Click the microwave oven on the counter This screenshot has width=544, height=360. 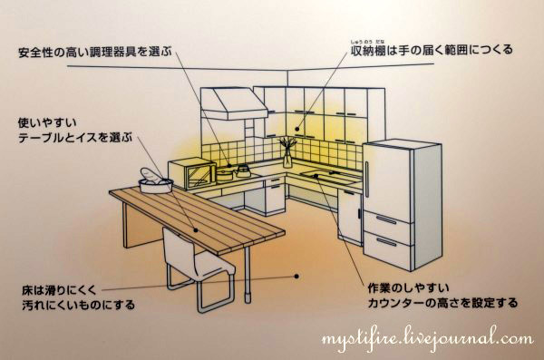(192, 173)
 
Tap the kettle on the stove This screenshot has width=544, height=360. (242, 170)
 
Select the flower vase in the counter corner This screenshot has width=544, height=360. (287, 152)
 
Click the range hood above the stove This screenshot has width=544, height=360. (235, 103)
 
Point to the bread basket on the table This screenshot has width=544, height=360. (156, 181)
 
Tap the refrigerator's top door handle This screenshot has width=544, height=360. (367, 180)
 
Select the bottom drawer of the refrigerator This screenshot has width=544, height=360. (387, 248)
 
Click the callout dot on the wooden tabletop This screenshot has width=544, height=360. (196, 230)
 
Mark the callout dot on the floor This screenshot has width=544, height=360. (296, 277)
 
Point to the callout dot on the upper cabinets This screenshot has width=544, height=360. (297, 129)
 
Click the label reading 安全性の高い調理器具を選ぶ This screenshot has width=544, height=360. (95, 52)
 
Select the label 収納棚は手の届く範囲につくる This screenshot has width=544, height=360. (432, 50)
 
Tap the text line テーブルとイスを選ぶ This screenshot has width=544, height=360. (75, 138)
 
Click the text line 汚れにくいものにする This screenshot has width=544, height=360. (78, 306)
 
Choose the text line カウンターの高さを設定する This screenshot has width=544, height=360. (442, 303)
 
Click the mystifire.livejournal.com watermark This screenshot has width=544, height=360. (427, 339)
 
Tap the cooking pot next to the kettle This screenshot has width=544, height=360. (225, 173)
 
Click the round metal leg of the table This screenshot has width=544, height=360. (248, 275)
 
